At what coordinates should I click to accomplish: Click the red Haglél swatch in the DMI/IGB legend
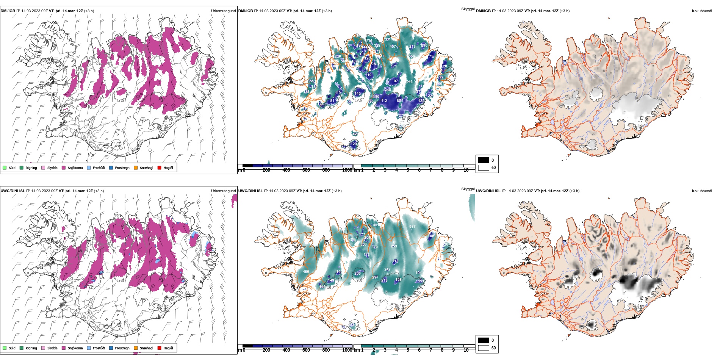160,167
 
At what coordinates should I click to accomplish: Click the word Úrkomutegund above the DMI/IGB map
223,11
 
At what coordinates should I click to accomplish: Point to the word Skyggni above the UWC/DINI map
468,189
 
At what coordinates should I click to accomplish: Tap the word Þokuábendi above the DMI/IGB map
702,11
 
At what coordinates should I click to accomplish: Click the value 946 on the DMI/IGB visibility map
409,82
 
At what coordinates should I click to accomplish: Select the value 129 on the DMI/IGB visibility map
354,144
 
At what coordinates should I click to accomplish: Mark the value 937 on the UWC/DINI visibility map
412,227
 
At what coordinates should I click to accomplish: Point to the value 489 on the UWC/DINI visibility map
306,272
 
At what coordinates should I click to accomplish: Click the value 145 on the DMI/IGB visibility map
358,94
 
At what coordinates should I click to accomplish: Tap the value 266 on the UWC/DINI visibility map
357,274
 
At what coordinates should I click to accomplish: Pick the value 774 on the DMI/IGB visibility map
369,41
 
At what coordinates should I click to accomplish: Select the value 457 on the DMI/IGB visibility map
393,47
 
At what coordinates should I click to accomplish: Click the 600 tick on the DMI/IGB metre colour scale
306,170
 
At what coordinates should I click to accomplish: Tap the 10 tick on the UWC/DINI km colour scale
466,350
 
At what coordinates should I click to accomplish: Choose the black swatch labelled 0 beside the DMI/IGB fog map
484,160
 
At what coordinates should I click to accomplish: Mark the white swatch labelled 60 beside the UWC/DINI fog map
484,348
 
